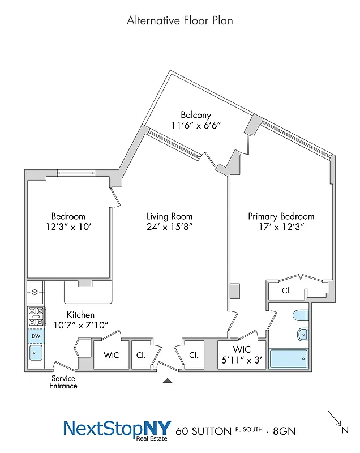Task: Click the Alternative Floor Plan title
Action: pyautogui.click(x=179, y=20)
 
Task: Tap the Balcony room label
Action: pyautogui.click(x=196, y=115)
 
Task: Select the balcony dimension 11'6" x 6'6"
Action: pyautogui.click(x=196, y=125)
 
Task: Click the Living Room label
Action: pyautogui.click(x=169, y=216)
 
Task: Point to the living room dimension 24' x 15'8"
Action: pyautogui.click(x=169, y=226)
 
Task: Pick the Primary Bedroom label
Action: pyautogui.click(x=281, y=216)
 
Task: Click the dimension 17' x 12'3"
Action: pyautogui.click(x=281, y=226)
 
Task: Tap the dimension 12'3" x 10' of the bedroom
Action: pyautogui.click(x=68, y=226)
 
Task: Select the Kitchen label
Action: pyautogui.click(x=80, y=314)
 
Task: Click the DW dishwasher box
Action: pyautogui.click(x=35, y=336)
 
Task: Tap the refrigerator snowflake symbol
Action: pyautogui.click(x=35, y=293)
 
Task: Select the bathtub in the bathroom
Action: pyautogui.click(x=289, y=359)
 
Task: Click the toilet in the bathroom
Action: pyautogui.click(x=300, y=315)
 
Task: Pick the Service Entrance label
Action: pyautogui.click(x=63, y=382)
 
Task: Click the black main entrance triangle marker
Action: pyautogui.click(x=167, y=381)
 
